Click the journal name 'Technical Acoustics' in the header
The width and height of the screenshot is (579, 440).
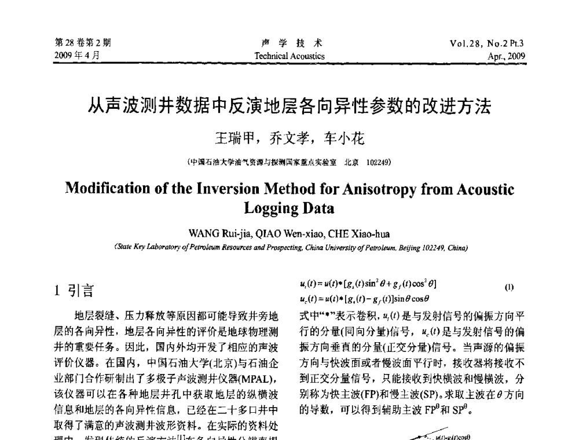point(289,56)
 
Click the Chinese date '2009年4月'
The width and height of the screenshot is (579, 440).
point(76,56)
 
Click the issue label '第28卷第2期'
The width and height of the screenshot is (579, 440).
point(83,42)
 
